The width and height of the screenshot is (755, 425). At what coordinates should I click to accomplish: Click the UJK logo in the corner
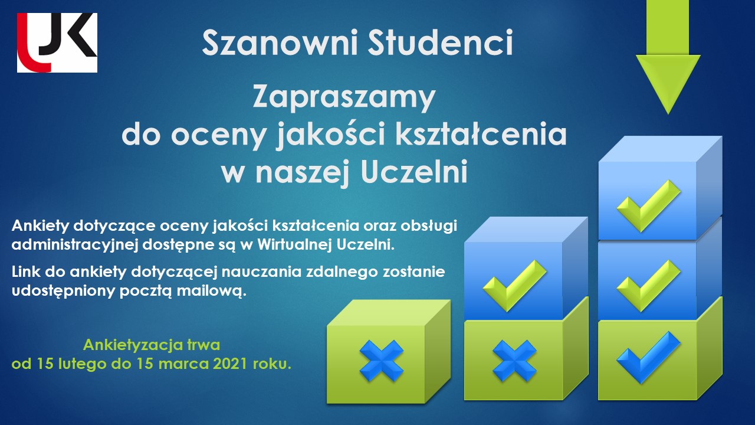pyautogui.click(x=57, y=42)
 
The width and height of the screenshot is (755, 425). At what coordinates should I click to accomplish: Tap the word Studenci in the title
pyautogui.click(x=441, y=42)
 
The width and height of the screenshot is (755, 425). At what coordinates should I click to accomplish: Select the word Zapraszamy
pyautogui.click(x=344, y=97)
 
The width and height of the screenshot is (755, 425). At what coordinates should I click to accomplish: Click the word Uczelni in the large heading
pyautogui.click(x=414, y=172)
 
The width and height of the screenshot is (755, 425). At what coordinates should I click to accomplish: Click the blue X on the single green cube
pyautogui.click(x=382, y=361)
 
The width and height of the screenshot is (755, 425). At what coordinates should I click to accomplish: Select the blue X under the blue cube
pyautogui.click(x=515, y=361)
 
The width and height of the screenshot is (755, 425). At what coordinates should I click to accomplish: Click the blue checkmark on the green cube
pyautogui.click(x=648, y=358)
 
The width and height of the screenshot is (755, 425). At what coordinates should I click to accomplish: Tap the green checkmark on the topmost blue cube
pyautogui.click(x=648, y=206)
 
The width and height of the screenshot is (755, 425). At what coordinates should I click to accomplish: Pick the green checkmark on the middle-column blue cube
pyautogui.click(x=515, y=285)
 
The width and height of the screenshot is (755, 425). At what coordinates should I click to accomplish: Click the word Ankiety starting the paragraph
pyautogui.click(x=40, y=226)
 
